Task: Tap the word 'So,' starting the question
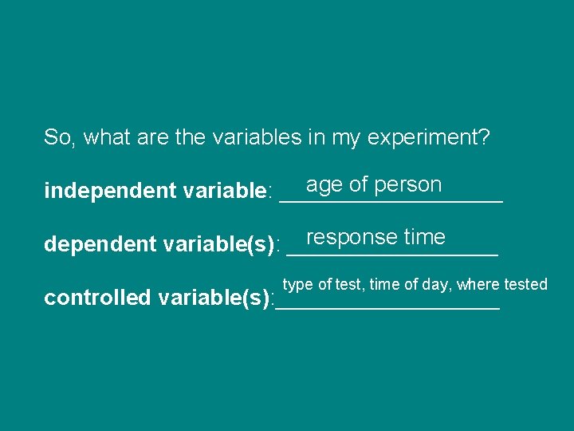click(x=57, y=138)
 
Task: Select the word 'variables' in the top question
click(x=256, y=138)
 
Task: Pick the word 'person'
click(x=407, y=185)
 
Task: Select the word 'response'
click(x=352, y=238)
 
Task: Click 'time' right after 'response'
click(x=424, y=237)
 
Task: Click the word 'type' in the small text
click(x=297, y=285)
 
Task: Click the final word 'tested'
click(x=526, y=284)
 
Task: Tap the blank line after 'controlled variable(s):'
click(x=387, y=307)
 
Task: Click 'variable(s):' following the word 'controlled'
click(x=216, y=299)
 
